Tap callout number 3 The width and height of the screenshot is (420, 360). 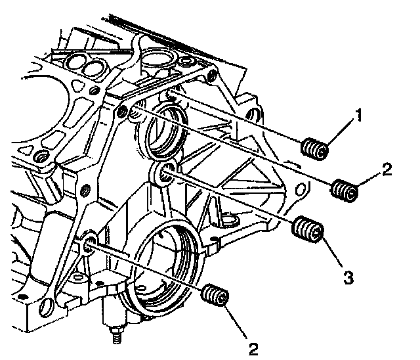[x=348, y=277]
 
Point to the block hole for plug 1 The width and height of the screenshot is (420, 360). [x=172, y=95]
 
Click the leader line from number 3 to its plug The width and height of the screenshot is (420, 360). [x=331, y=254]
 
